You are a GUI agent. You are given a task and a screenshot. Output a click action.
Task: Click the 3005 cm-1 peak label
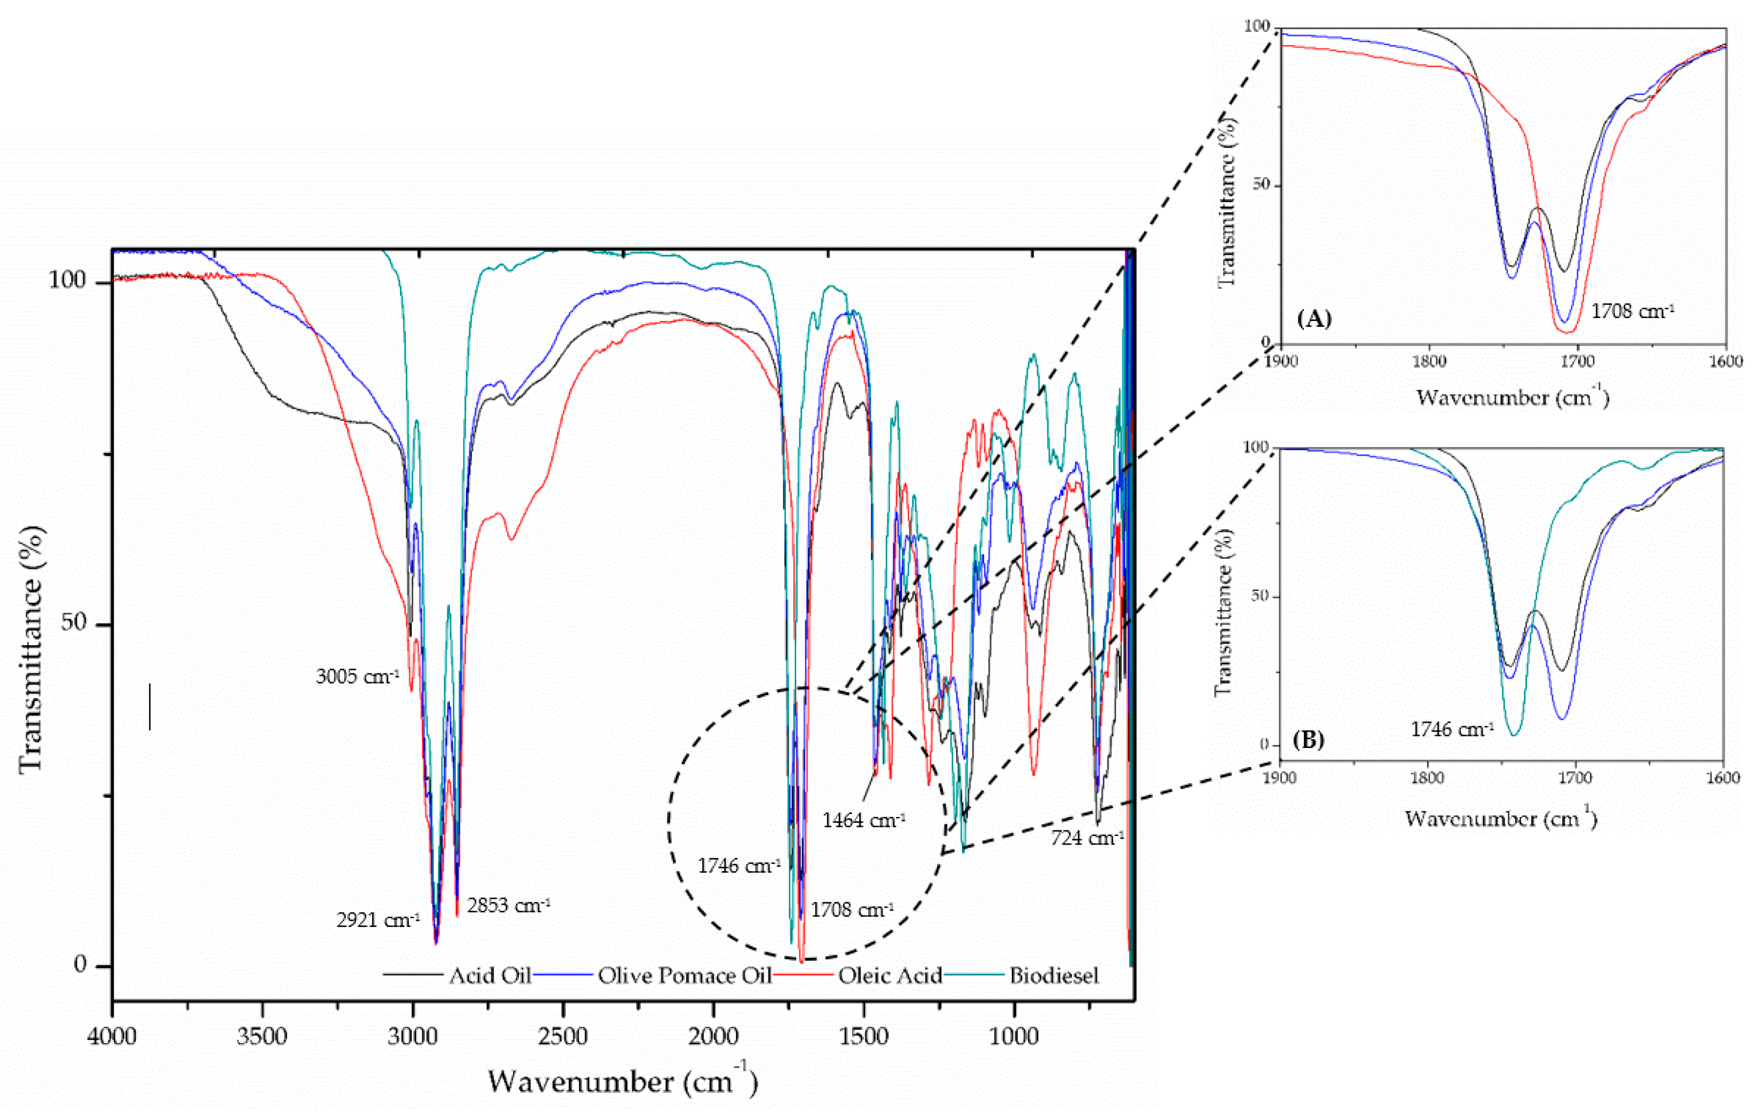pos(357,676)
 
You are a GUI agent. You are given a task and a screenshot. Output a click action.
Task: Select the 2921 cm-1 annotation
pos(378,919)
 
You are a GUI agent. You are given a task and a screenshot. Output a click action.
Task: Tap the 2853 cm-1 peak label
pos(508,906)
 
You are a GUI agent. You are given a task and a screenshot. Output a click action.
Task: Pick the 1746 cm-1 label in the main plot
pos(739,866)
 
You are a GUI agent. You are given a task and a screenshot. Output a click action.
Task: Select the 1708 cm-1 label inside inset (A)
pos(1632,311)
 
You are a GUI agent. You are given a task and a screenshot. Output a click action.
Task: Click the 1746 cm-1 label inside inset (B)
pos(1452,730)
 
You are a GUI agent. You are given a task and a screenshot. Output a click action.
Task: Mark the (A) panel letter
pos(1314,319)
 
